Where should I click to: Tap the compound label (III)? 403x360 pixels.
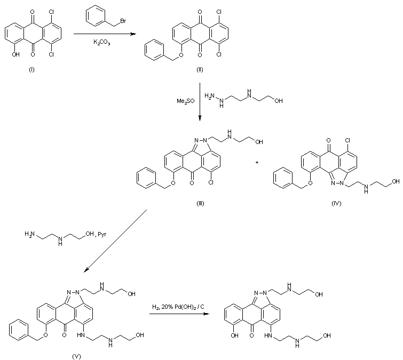click(200, 203)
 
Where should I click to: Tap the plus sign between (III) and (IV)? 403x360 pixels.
click(257, 162)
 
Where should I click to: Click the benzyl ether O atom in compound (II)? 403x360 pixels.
click(183, 53)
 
